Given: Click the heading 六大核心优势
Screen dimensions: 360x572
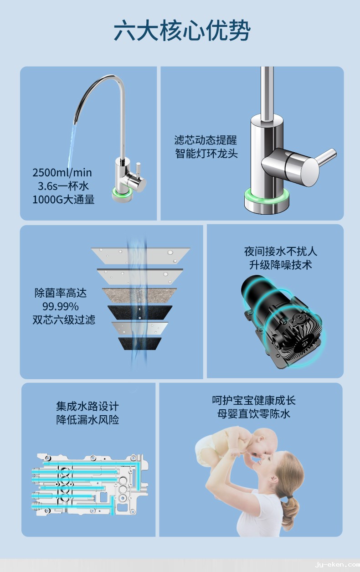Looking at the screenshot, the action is [182, 31].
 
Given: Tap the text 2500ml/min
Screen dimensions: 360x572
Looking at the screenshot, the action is [62, 173].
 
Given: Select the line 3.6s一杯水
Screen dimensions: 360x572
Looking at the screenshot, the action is [63, 186].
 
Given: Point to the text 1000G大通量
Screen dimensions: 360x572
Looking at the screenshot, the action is [63, 200].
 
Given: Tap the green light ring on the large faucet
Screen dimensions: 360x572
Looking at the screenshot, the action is [267, 197].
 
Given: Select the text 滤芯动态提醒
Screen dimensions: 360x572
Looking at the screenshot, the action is [206, 140].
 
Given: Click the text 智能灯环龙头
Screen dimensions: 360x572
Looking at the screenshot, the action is [206, 154].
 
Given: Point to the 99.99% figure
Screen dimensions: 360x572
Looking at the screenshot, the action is [61, 306].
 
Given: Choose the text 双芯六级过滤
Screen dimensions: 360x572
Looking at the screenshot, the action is [64, 319].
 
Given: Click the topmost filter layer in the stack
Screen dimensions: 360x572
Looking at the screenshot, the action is [141, 255].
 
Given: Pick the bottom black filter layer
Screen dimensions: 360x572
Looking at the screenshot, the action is [139, 344].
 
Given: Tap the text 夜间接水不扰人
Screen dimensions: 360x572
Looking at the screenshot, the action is [281, 251].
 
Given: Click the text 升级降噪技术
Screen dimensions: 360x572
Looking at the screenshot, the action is [281, 265].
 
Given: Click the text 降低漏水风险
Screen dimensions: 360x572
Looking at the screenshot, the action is [87, 420].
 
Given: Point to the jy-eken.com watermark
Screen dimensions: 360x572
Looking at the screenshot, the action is [338, 565].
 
